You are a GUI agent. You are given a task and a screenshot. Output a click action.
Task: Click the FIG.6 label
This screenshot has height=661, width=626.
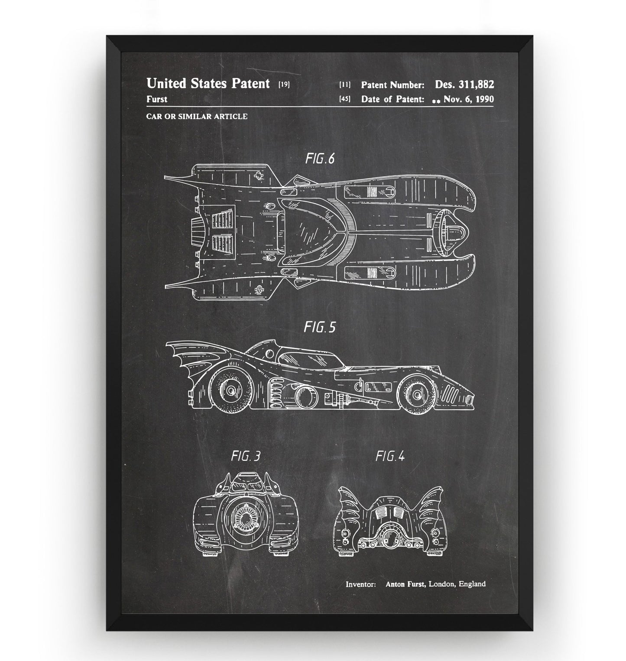(x=320, y=159)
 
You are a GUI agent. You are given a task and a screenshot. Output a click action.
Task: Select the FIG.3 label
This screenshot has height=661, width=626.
(x=246, y=456)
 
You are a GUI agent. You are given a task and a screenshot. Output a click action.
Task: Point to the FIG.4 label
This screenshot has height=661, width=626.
(x=390, y=456)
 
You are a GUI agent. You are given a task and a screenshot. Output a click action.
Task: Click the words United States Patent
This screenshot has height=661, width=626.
(x=208, y=83)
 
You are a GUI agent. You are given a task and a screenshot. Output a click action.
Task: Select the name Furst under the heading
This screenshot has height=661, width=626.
(x=157, y=99)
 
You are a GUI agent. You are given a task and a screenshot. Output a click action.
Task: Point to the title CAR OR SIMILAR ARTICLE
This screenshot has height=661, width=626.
(x=197, y=116)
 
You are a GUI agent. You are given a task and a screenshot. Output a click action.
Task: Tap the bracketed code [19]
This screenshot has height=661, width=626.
(x=284, y=85)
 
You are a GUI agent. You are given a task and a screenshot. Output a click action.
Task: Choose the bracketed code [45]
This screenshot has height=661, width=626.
(x=345, y=99)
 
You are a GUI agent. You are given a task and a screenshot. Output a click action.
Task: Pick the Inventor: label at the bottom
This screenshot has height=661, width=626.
(x=360, y=584)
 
